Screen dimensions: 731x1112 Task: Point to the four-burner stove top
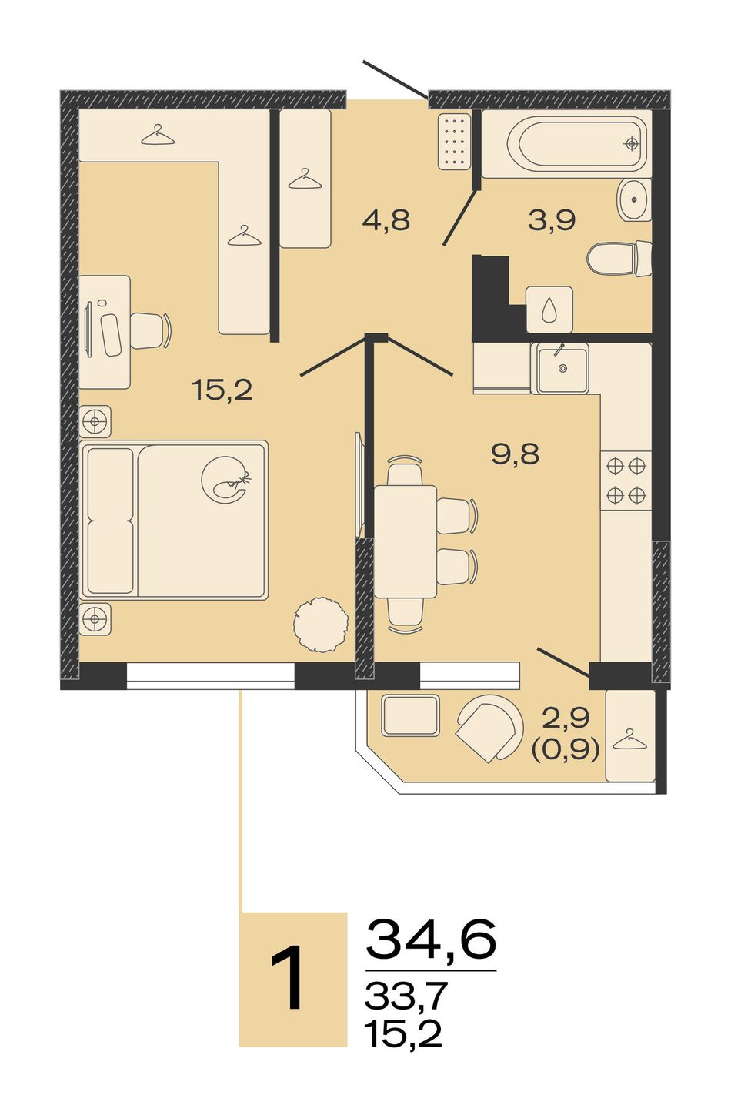(x=626, y=481)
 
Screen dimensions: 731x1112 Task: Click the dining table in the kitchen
(x=406, y=541)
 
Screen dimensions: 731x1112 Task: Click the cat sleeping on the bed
(x=225, y=480)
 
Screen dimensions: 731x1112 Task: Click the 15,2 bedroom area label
(x=222, y=391)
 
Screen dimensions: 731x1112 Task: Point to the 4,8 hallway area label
(x=386, y=220)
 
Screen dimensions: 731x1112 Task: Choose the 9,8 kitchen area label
(x=515, y=454)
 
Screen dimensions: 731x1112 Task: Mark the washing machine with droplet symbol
(x=549, y=310)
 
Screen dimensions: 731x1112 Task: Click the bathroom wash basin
(x=634, y=199)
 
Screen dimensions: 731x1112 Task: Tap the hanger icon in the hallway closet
(x=305, y=179)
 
